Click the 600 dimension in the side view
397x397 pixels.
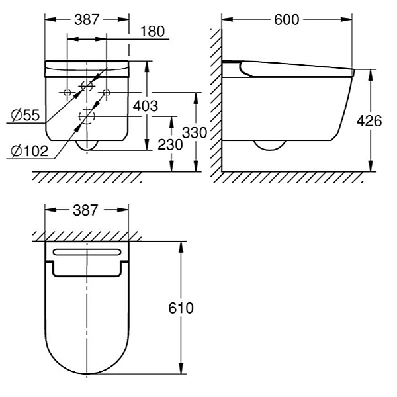(287, 19)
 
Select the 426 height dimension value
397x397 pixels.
(369, 121)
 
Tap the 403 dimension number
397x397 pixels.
(146, 106)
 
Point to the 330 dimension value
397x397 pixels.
(195, 132)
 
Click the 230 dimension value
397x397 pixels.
(170, 144)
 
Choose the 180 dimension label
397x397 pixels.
(152, 32)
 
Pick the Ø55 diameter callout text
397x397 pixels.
(26, 115)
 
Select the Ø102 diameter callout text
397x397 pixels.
(30, 152)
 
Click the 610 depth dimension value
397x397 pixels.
(181, 308)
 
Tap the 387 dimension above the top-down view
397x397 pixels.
(85, 210)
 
